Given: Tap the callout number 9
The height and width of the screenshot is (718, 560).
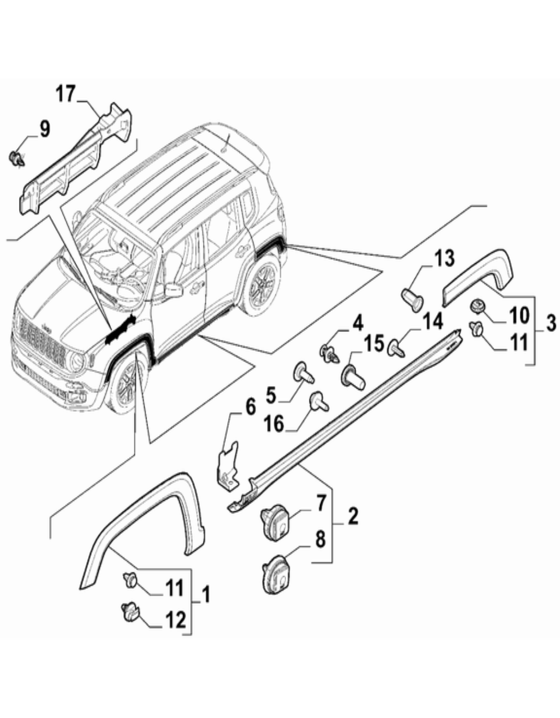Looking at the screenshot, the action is click(x=45, y=129).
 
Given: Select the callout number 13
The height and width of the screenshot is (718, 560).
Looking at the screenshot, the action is click(x=444, y=259).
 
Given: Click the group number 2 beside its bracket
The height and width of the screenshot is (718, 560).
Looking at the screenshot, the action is click(x=353, y=516).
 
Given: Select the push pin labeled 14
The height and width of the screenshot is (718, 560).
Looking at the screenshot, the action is click(x=396, y=349).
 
